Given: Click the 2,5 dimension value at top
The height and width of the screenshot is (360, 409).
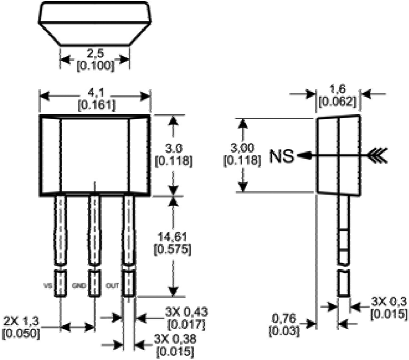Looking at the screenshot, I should [x=95, y=54].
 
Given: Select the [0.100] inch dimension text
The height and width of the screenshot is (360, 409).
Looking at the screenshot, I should [x=95, y=65].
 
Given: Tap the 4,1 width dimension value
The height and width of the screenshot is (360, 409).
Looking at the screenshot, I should [x=95, y=93].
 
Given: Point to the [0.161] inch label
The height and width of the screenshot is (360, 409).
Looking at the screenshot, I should [x=95, y=104].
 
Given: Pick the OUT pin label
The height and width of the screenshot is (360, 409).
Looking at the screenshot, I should [x=112, y=285].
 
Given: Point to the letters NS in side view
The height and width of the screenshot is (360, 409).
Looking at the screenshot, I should [x=282, y=156].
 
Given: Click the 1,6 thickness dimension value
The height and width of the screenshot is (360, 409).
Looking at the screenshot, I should [x=337, y=90].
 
